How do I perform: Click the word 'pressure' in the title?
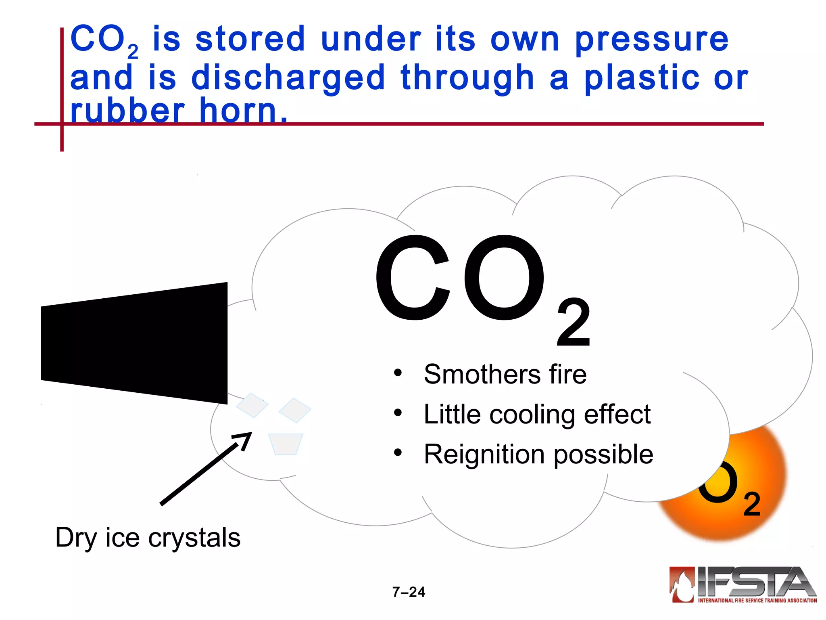[651, 40]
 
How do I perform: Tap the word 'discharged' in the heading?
[288, 78]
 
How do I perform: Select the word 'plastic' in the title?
[642, 78]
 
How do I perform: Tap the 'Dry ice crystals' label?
[148, 538]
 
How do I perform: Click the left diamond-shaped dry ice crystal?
[252, 405]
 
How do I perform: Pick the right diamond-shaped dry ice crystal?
[295, 410]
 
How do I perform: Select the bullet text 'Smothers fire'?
[505, 374]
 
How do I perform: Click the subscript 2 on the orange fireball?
[751, 505]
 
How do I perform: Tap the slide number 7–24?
[409, 592]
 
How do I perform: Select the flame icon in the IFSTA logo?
[682, 584]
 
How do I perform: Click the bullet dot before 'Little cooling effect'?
[398, 413]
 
